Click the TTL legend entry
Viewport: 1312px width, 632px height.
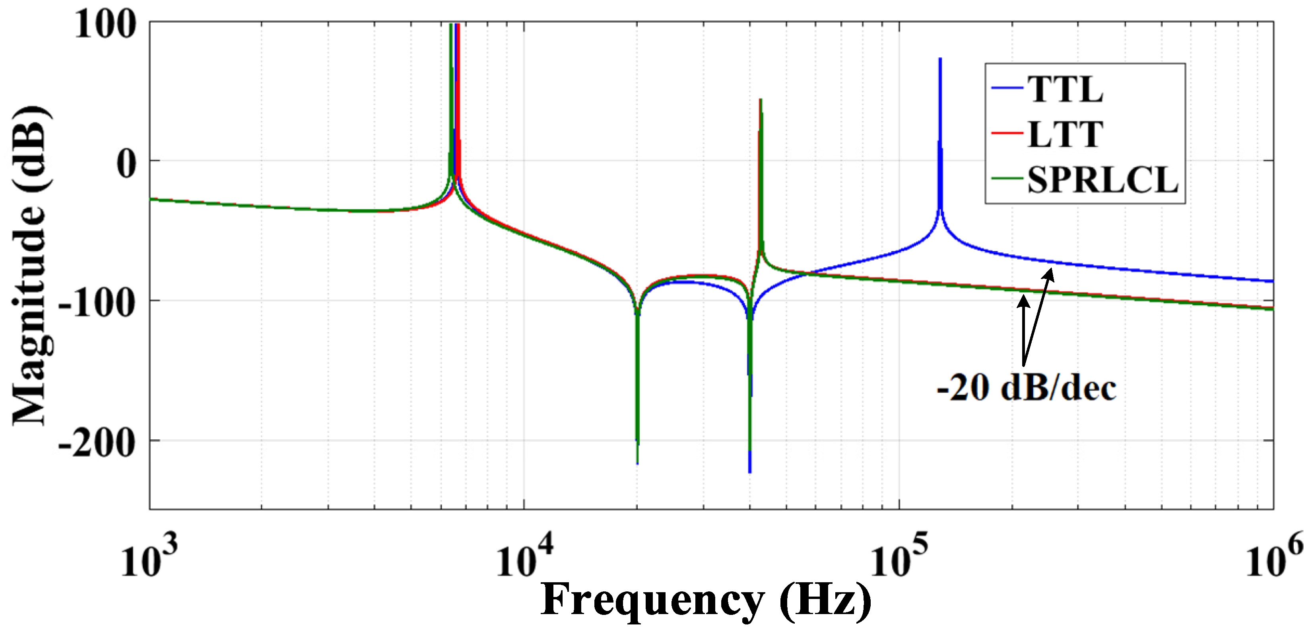(1064, 90)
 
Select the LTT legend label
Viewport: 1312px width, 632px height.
(1064, 135)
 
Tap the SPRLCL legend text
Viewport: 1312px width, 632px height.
(1102, 180)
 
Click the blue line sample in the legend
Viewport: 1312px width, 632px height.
(1007, 88)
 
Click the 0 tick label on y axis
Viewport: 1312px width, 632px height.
(127, 164)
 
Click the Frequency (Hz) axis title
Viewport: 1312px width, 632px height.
(705, 601)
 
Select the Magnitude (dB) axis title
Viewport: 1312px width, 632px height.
(31, 265)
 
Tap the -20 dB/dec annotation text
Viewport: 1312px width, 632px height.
(1026, 388)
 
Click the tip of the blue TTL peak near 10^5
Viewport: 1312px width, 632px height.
(940, 59)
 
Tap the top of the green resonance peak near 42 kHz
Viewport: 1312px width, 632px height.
(761, 100)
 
